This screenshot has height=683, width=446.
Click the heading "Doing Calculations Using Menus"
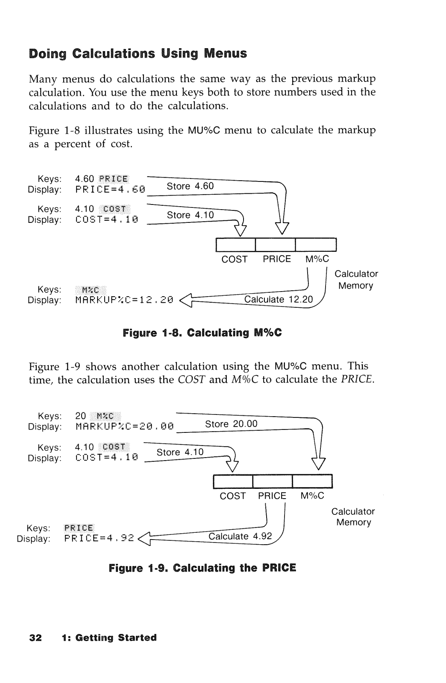138,54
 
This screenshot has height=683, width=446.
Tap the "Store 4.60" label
190,186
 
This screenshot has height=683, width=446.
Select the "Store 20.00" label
231,424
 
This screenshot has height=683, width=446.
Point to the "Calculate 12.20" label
278,299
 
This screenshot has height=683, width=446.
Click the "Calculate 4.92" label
240,536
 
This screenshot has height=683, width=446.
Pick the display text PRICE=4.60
110,189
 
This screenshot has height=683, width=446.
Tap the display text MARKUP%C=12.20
124,300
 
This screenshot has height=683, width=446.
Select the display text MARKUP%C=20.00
124,426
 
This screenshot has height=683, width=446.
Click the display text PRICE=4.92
99,538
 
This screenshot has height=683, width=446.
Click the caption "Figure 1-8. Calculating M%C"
202,333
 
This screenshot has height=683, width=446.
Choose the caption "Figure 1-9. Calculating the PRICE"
202,568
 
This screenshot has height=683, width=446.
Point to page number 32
35,638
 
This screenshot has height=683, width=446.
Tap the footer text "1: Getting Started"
109,638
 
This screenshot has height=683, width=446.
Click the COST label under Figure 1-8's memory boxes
234,259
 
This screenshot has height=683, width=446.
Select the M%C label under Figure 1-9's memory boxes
312,496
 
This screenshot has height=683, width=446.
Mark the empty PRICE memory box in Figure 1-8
275,245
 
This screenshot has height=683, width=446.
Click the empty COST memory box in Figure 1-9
233,482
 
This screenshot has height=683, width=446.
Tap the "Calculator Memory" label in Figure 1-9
353,517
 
